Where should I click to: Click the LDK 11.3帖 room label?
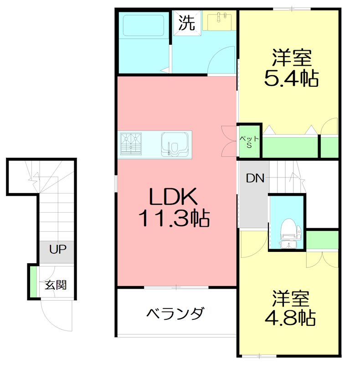coord(173,208)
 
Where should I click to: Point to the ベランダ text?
coord(175,314)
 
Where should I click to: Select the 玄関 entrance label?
coord(56,285)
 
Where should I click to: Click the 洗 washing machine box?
coord(186,22)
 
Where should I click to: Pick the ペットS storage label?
coord(249,142)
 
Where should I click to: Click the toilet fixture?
coord(288,230)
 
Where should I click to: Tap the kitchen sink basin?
coord(175,144)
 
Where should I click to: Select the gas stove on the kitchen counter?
coord(131,142)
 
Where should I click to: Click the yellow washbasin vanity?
coord(220,21)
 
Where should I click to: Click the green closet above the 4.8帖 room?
coord(323,240)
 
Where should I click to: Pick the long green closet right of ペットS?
coord(290,146)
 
